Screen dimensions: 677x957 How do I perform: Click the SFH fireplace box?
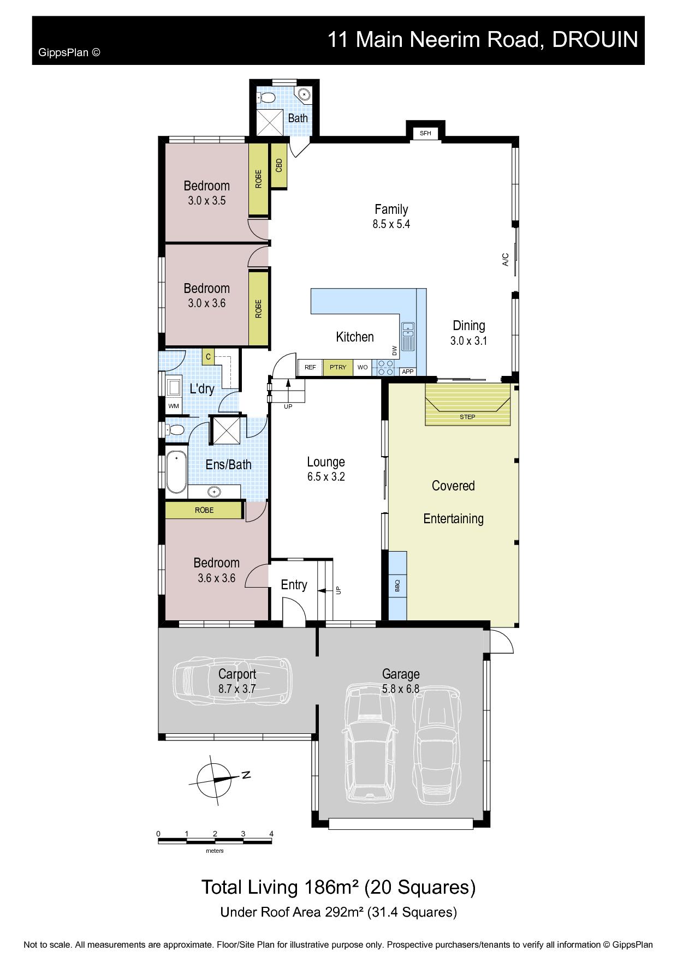click(425, 133)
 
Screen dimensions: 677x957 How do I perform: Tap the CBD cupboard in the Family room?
click(279, 165)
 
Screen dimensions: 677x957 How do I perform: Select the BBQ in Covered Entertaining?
click(397, 585)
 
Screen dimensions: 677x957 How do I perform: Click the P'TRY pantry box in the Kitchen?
click(338, 367)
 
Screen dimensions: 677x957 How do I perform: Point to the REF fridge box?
click(310, 367)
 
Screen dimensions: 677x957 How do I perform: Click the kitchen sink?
click(408, 336)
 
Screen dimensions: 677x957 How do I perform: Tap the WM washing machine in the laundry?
click(173, 406)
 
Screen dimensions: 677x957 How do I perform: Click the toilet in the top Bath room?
click(266, 98)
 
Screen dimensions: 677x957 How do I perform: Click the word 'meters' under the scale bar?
click(215, 851)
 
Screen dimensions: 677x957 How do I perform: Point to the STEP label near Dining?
click(467, 417)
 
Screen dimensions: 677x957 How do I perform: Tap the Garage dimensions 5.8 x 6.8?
click(401, 689)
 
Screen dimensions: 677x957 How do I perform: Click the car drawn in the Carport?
click(233, 681)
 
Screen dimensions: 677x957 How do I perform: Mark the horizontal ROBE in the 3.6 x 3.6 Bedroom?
click(204, 510)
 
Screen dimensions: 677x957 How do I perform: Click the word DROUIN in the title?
click(595, 39)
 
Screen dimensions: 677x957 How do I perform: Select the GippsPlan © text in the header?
click(69, 52)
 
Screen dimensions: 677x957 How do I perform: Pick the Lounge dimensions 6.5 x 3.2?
click(326, 476)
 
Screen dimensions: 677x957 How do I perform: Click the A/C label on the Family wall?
click(506, 259)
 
